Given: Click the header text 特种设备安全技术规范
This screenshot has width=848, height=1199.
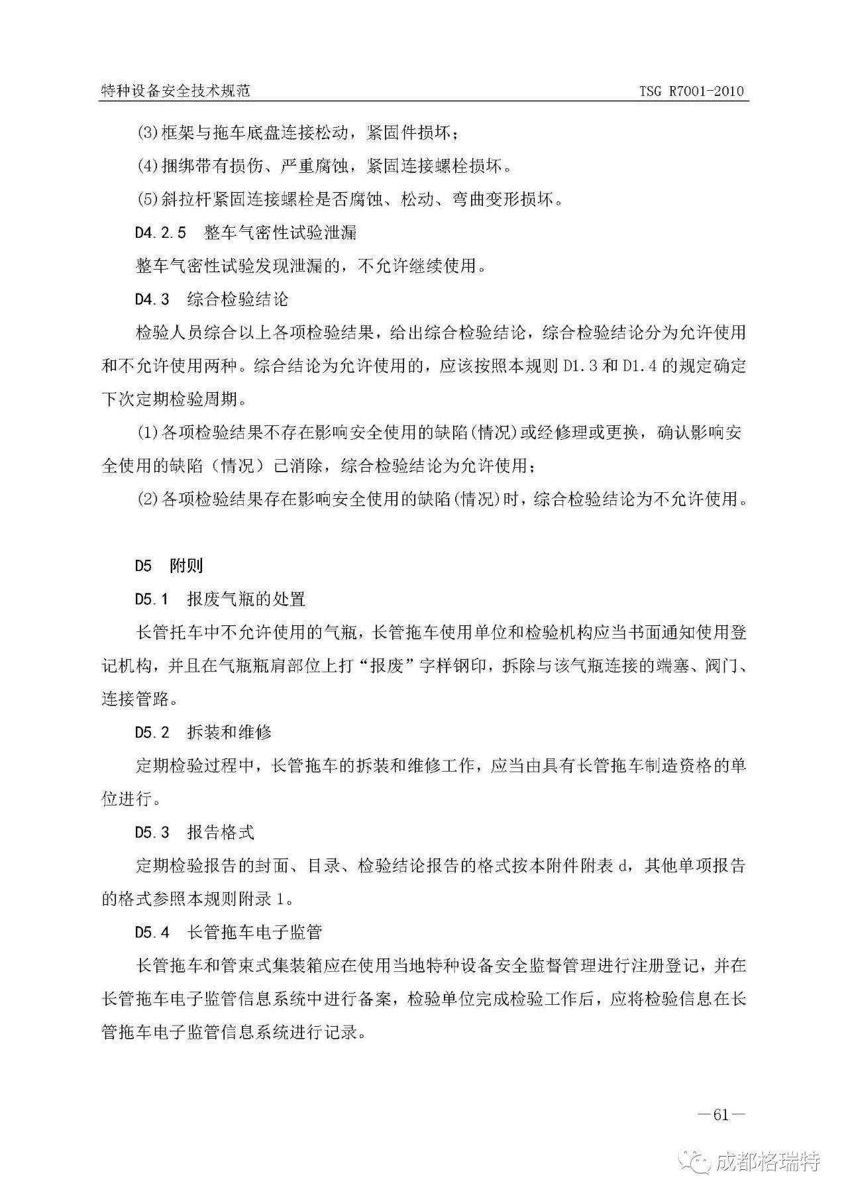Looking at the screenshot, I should click(175, 91).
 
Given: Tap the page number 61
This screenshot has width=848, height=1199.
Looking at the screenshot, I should click(721, 1114).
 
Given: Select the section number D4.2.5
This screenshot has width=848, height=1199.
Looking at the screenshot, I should click(160, 233).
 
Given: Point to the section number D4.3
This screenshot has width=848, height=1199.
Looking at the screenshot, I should click(152, 299).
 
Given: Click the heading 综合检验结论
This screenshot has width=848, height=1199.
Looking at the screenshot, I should click(238, 299).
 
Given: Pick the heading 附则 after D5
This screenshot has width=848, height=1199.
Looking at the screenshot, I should click(187, 566).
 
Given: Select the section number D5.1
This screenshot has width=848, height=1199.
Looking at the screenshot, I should click(152, 599).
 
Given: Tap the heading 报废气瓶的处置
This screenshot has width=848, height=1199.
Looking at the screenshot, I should click(246, 599).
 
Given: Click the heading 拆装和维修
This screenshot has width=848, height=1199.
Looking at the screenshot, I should click(230, 733).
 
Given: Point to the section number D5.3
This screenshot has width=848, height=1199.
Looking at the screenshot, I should click(152, 833).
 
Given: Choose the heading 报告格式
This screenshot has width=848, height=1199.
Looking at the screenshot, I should click(221, 833).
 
